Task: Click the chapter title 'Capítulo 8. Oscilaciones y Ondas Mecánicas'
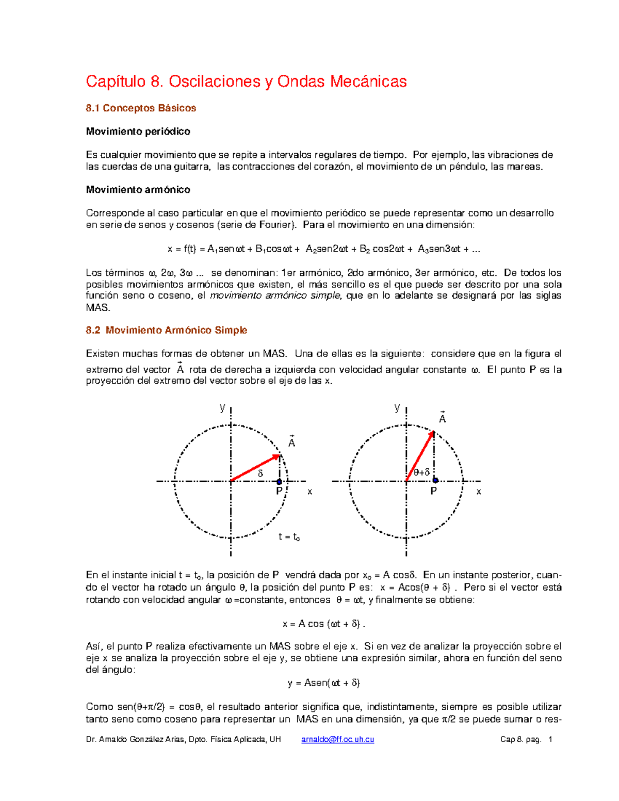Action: [x=246, y=81]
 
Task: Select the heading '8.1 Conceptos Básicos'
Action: [x=141, y=108]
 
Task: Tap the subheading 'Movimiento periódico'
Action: [x=138, y=132]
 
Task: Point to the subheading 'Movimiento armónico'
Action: [x=138, y=190]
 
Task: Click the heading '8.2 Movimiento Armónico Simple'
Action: [x=167, y=330]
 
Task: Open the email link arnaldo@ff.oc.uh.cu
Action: [x=337, y=740]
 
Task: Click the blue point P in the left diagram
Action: [x=279, y=482]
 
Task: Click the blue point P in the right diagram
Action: [x=435, y=481]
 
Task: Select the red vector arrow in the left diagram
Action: [x=255, y=468]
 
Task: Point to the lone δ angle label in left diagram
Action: [x=260, y=473]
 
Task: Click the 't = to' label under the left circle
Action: [x=289, y=537]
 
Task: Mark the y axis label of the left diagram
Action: [x=222, y=407]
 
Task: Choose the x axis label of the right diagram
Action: [x=479, y=492]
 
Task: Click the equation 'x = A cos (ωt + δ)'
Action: [x=324, y=624]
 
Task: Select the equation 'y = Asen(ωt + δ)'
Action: [x=324, y=683]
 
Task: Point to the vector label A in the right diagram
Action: [x=442, y=419]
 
